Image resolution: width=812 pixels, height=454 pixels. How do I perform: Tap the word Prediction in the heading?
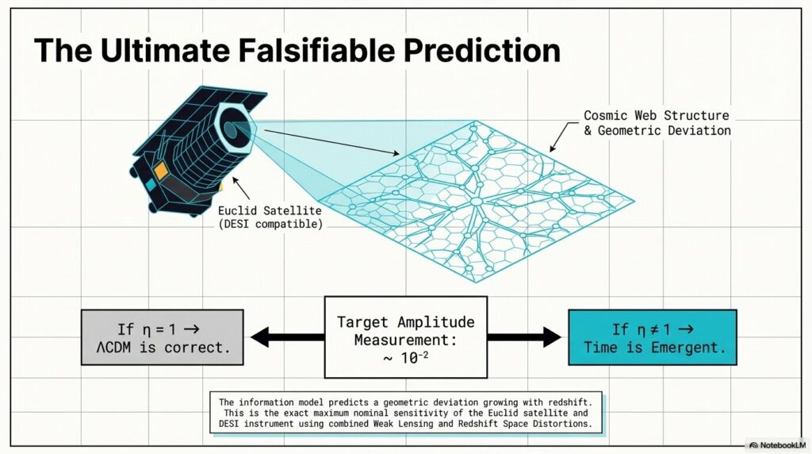pyautogui.click(x=481, y=51)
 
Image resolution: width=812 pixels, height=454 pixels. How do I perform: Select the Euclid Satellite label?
pyautogui.click(x=270, y=210)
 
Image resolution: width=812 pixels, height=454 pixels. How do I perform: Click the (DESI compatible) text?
pyautogui.click(x=270, y=224)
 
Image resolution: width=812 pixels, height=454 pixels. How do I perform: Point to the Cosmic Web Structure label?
pyautogui.click(x=656, y=115)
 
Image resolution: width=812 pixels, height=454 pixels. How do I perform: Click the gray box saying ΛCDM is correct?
pyautogui.click(x=162, y=337)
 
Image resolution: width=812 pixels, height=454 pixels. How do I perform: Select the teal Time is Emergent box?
pyautogui.click(x=653, y=337)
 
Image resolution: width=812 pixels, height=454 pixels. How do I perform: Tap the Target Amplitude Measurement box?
pyautogui.click(x=405, y=337)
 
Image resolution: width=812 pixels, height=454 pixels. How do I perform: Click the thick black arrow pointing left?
pyautogui.click(x=287, y=337)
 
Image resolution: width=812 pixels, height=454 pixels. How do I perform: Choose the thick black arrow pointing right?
pyautogui.click(x=524, y=337)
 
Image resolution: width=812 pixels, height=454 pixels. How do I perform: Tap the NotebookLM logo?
pyautogui.click(x=778, y=444)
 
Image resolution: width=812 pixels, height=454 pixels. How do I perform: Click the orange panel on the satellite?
pyautogui.click(x=160, y=171)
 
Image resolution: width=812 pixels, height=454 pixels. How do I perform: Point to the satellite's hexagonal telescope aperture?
pyautogui.click(x=234, y=129)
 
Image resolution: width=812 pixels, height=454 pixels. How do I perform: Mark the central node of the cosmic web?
pyautogui.click(x=477, y=201)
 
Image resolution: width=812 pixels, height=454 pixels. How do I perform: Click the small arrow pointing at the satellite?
pyautogui.click(x=241, y=188)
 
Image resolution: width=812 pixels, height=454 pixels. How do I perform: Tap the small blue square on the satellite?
pyautogui.click(x=151, y=184)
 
